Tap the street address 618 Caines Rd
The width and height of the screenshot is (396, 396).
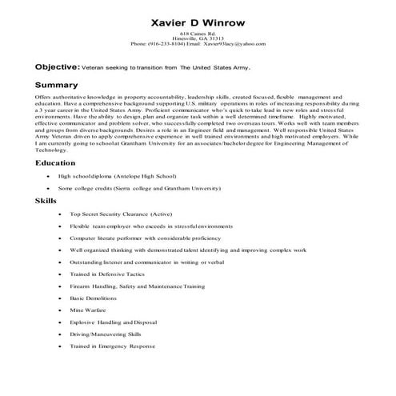198,27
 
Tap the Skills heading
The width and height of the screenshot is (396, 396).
46,223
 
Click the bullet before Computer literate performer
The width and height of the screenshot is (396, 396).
61,261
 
